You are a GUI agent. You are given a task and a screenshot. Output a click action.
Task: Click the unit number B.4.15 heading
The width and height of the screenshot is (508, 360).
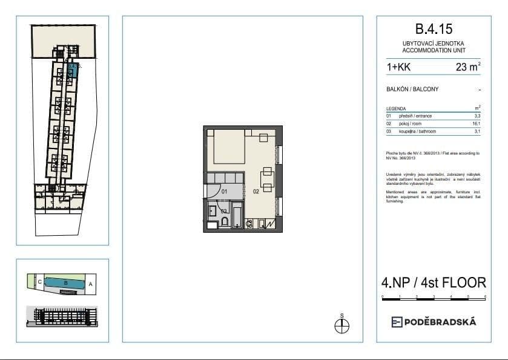pyautogui.click(x=434, y=28)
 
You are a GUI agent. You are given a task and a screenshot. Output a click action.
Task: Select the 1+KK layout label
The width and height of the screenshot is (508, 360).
pyautogui.click(x=397, y=68)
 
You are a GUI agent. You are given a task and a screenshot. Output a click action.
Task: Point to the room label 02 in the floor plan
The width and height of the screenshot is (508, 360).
pyautogui.click(x=256, y=192)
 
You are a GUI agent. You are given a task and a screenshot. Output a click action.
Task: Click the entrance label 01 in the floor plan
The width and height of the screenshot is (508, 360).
pyautogui.click(x=223, y=192)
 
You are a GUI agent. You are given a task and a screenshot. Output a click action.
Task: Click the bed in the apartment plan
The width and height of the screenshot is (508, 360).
pyautogui.click(x=227, y=150)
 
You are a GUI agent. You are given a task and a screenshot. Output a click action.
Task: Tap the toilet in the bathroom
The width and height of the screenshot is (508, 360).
pyautogui.click(x=225, y=222)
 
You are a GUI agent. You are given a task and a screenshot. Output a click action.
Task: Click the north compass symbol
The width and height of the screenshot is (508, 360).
pyautogui.click(x=341, y=326)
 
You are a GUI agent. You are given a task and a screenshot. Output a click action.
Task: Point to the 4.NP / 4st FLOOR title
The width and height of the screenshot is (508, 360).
pyautogui.click(x=434, y=282)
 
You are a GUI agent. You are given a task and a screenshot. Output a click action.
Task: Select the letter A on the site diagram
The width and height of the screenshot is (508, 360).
pyautogui.click(x=90, y=283)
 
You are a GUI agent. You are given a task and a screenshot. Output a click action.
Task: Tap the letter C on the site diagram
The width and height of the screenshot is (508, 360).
pyautogui.click(x=39, y=282)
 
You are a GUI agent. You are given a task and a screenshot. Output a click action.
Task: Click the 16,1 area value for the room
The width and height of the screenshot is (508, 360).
pyautogui.click(x=477, y=123)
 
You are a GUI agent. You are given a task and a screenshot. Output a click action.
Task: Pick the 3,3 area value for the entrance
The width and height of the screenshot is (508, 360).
pyautogui.click(x=477, y=115)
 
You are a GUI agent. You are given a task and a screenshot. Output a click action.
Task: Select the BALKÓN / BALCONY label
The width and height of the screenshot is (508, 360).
pyautogui.click(x=412, y=90)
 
